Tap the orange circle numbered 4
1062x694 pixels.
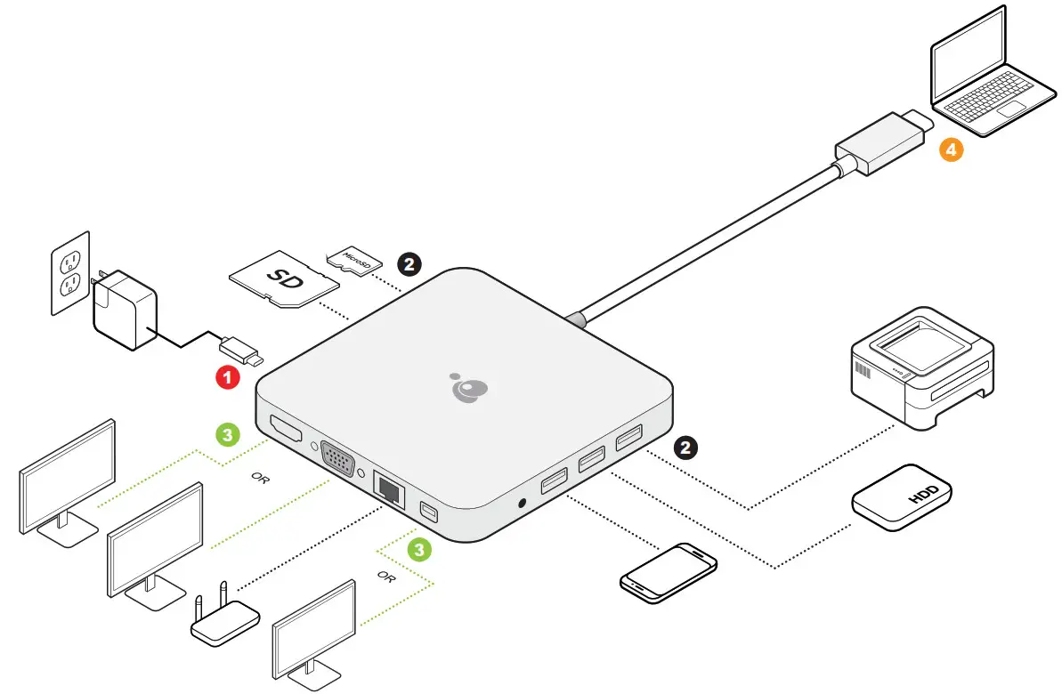click(x=951, y=150)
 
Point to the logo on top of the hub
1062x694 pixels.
click(x=469, y=388)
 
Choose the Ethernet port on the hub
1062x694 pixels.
click(x=389, y=488)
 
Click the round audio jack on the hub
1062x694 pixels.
click(x=520, y=504)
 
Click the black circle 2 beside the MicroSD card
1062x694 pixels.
click(x=409, y=263)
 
